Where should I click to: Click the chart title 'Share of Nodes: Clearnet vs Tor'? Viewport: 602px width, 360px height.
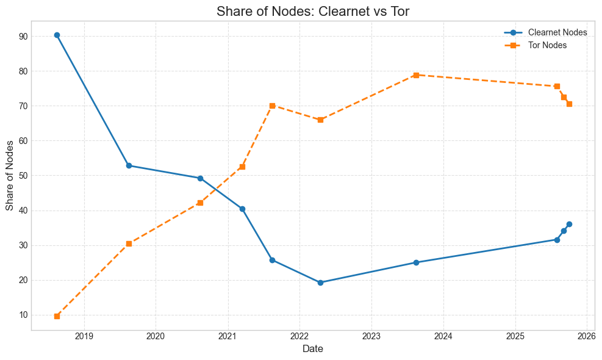(313, 12)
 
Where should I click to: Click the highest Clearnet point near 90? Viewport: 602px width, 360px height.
(57, 35)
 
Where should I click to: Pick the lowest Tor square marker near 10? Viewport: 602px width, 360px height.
(57, 316)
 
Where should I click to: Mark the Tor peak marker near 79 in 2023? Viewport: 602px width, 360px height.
(416, 75)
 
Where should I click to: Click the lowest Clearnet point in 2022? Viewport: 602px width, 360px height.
(320, 283)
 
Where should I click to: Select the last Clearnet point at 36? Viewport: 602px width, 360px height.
(569, 224)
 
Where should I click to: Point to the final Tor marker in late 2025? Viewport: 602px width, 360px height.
(569, 104)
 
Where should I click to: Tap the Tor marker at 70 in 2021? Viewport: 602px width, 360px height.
(272, 106)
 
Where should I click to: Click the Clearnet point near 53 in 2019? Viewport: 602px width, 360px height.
(129, 165)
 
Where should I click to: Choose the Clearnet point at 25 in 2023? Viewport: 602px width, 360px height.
(416, 262)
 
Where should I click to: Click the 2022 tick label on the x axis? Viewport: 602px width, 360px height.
(299, 336)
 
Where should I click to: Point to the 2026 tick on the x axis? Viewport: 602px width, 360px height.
(587, 336)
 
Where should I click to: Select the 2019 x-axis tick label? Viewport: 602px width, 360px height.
(84, 336)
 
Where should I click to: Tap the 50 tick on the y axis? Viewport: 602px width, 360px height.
(23, 176)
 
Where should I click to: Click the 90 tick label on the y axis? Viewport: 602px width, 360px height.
(23, 36)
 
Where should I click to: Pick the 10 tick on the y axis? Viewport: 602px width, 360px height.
(23, 315)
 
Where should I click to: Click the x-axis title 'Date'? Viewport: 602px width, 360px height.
(313, 349)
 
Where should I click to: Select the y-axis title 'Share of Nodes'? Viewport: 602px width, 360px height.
(10, 176)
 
